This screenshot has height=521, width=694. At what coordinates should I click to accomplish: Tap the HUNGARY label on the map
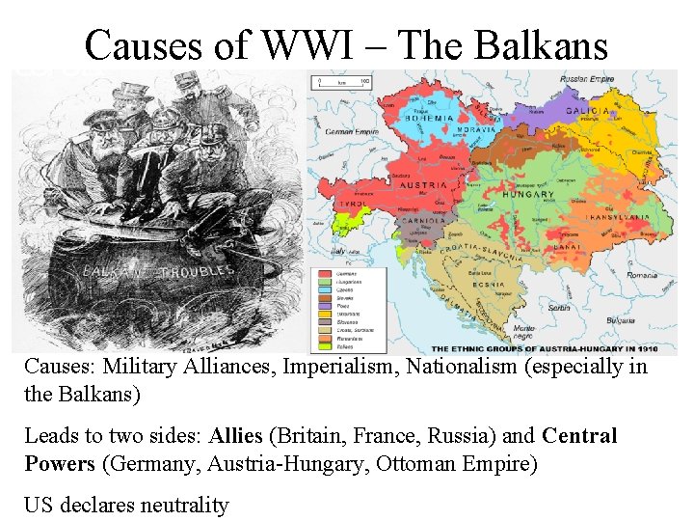pos(527,194)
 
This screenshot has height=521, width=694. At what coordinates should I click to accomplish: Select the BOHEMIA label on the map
pos(429,118)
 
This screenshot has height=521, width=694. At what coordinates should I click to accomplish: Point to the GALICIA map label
pos(583,112)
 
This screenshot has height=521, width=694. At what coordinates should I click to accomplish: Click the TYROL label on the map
pos(348,205)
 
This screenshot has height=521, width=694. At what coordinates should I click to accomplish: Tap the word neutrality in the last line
pos(175,505)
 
